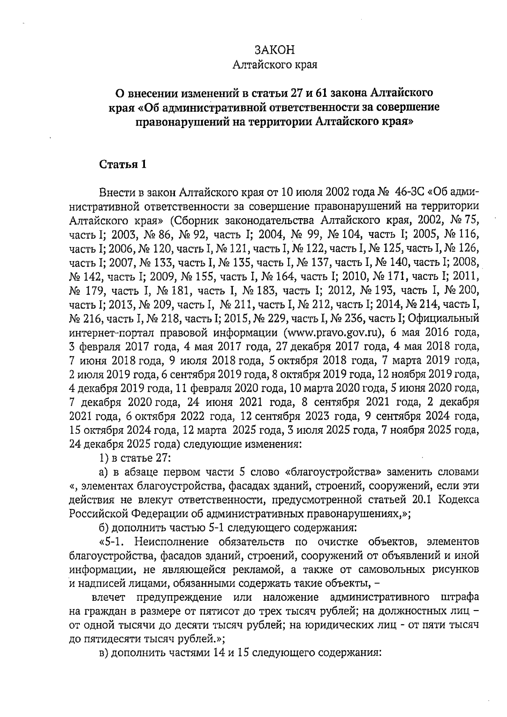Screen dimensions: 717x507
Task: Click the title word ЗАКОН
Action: point(275,50)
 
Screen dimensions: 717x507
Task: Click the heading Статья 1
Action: point(123,165)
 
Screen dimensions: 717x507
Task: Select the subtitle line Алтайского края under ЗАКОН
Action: point(275,65)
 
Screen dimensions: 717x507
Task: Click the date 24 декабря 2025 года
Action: point(120,445)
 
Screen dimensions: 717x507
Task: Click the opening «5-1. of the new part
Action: point(111,542)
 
